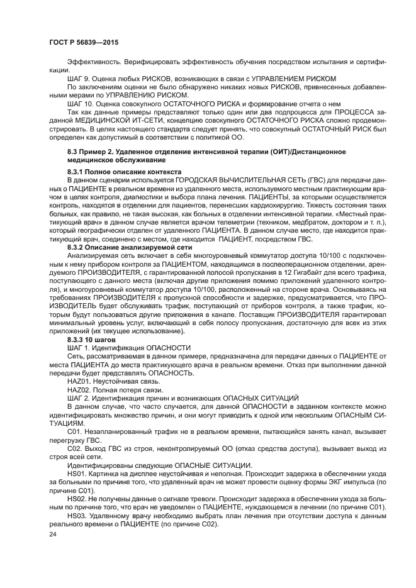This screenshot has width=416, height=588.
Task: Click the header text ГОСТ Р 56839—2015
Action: tap(84, 42)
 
